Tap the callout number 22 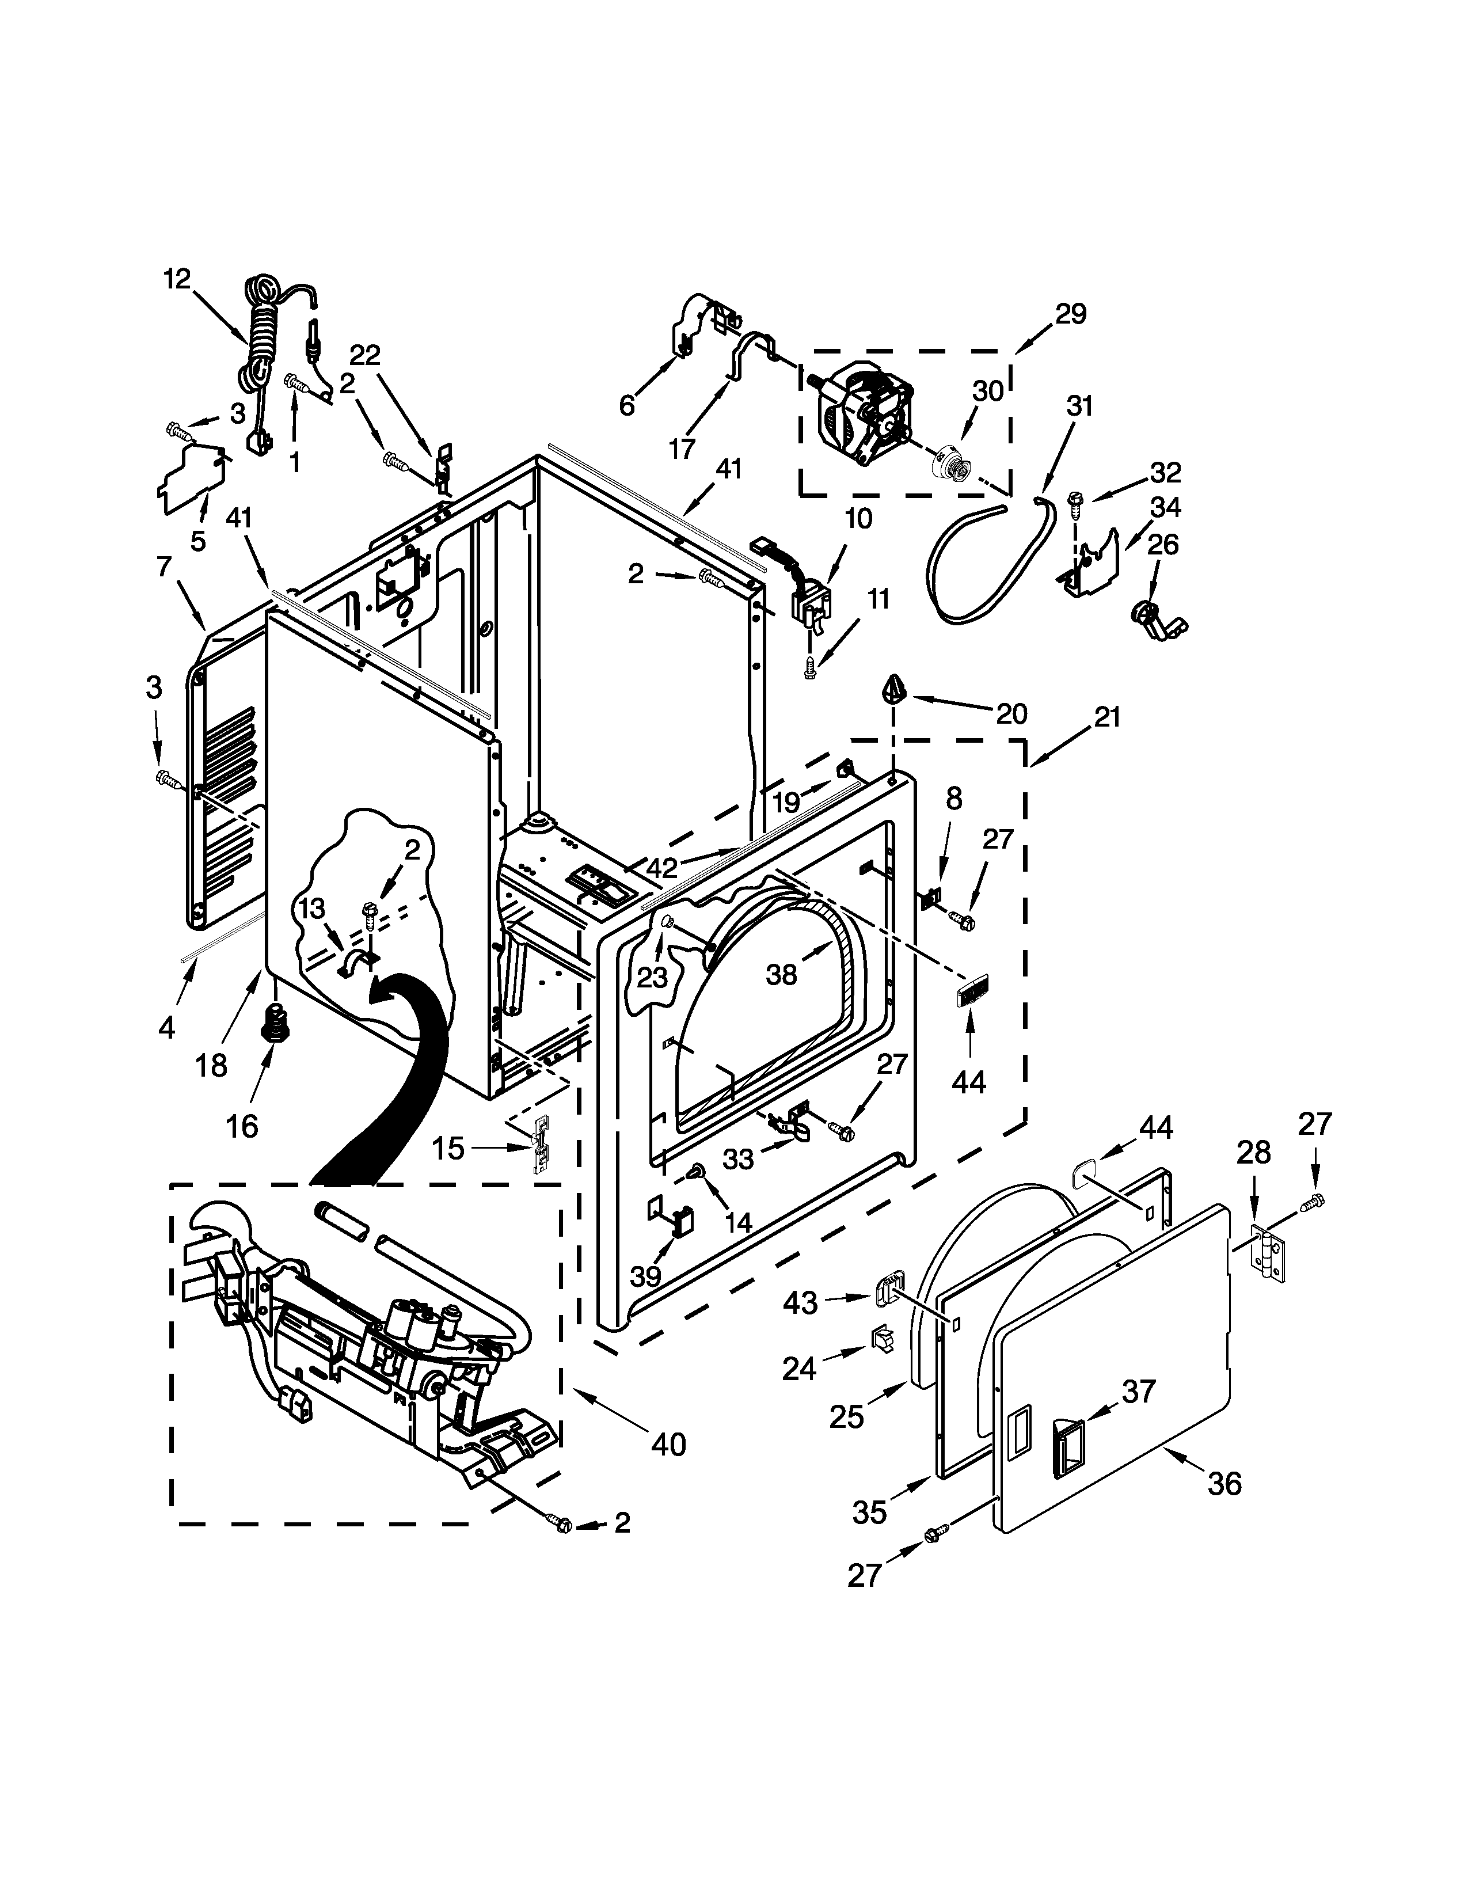[365, 354]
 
